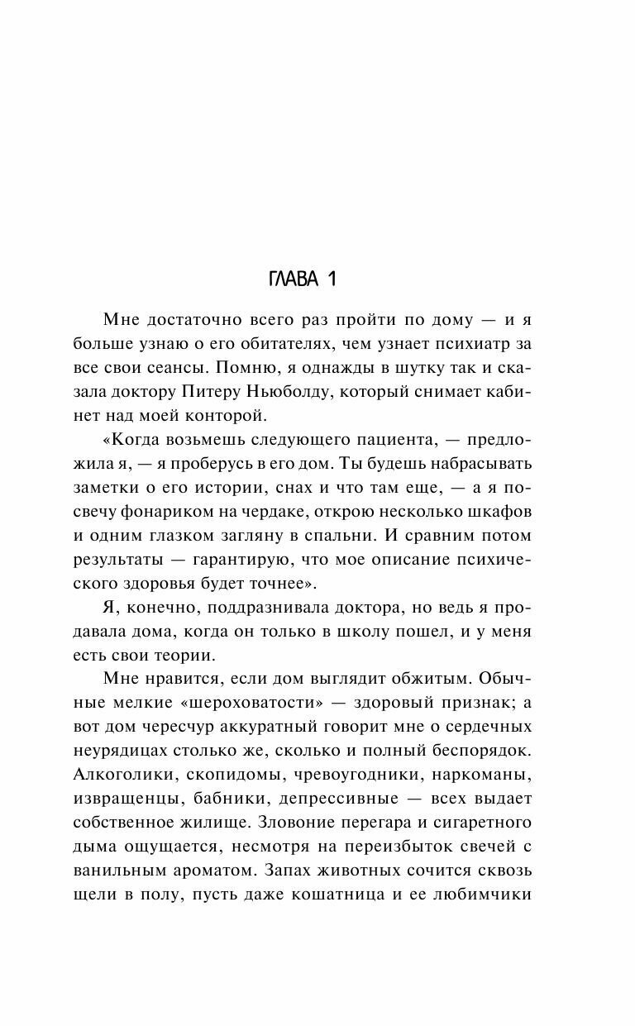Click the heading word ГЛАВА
point(294,279)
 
